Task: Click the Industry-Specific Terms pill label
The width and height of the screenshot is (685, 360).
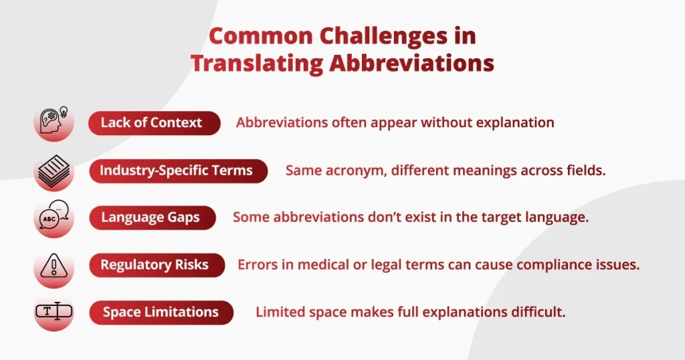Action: click(176, 171)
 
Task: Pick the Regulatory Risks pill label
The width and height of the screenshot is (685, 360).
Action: click(155, 265)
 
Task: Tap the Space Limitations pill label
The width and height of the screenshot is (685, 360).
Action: click(161, 312)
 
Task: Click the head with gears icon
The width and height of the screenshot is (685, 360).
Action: click(54, 122)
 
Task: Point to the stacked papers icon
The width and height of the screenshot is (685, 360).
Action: click(54, 171)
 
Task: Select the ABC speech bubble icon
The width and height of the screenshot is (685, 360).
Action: click(54, 217)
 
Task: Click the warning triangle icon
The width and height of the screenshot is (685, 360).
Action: click(54, 265)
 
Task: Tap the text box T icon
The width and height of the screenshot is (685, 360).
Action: click(54, 312)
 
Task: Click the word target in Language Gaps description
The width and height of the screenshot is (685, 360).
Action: click(490, 217)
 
